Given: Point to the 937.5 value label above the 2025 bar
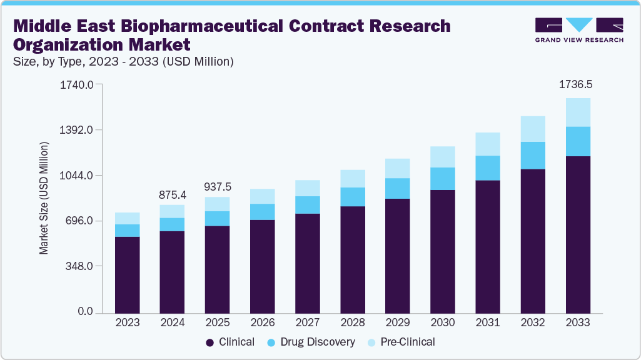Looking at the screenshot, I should click(218, 186).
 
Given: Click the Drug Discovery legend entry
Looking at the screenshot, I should click(311, 342).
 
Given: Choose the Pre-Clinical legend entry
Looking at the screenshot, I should click(403, 342).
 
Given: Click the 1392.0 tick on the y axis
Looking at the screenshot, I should click(76, 130).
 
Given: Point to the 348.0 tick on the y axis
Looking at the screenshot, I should click(79, 266).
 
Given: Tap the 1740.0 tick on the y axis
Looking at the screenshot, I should click(76, 84).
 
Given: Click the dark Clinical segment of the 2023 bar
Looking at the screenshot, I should click(128, 274).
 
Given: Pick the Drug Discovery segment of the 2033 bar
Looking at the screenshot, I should click(578, 141).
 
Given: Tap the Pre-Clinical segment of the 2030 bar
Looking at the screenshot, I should click(443, 157).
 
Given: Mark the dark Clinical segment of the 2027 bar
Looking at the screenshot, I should click(308, 262).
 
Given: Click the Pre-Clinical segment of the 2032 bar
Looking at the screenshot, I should click(533, 129).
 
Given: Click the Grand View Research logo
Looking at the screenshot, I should click(578, 30).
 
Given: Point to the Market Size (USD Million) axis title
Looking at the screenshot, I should click(44, 198).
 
